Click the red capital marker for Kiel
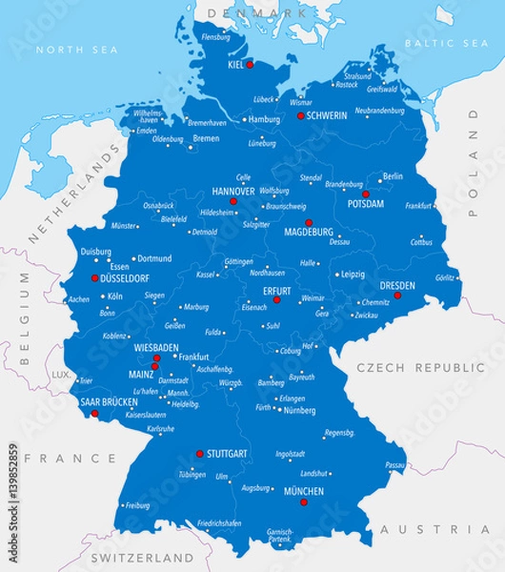point(251,65)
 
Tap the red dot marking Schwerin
point(300,115)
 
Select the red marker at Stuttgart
point(199,454)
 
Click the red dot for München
point(304,501)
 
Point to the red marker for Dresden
point(397,295)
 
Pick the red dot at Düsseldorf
point(94,278)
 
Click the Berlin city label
point(393,176)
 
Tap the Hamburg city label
point(264,120)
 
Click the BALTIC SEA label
point(446,44)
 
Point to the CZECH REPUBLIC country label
point(420,367)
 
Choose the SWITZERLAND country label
point(142,556)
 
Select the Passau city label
point(395,464)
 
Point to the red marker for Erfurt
point(277,299)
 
